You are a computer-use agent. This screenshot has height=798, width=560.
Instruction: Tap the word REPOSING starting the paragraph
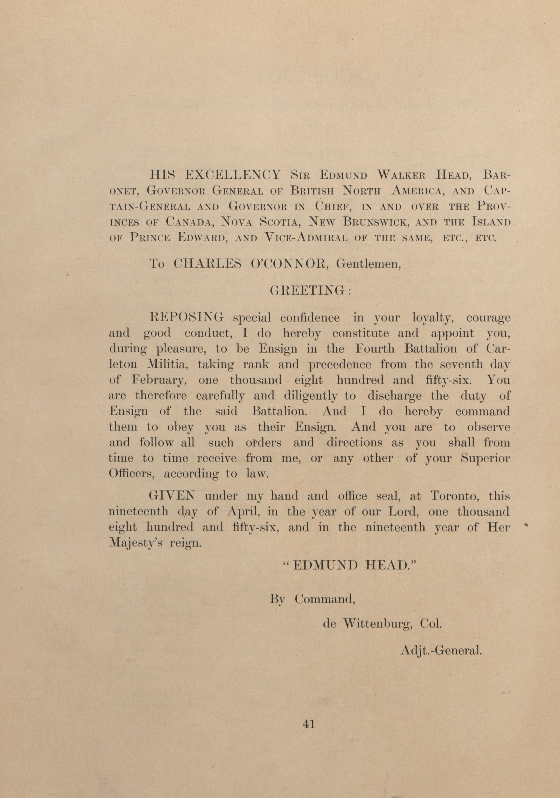186,318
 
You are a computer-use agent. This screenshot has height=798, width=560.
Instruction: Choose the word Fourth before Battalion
377,349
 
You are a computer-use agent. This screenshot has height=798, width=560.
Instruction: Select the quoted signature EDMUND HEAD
351,565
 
